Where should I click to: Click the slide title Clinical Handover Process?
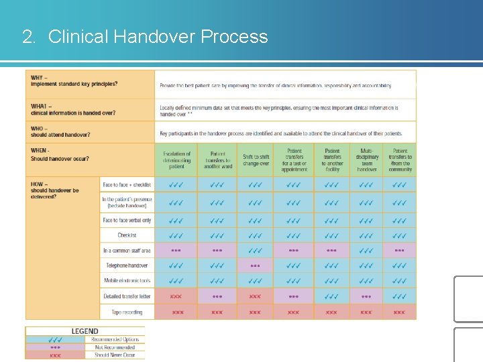(x=145, y=36)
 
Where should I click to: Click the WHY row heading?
(x=74, y=81)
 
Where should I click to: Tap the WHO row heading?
(x=60, y=131)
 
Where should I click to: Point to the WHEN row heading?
(x=60, y=155)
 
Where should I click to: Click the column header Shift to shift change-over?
(x=256, y=160)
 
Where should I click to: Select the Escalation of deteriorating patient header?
(x=176, y=160)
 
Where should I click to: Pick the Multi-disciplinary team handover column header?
(x=366, y=160)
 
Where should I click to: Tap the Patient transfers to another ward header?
(x=217, y=160)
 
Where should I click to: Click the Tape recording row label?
(x=127, y=312)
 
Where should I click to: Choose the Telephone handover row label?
(x=127, y=266)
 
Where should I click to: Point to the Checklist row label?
(x=127, y=235)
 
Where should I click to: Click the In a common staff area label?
(x=127, y=251)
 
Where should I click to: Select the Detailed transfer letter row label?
(x=127, y=296)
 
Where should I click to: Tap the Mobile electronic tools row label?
(x=127, y=281)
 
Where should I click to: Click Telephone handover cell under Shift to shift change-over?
(x=256, y=265)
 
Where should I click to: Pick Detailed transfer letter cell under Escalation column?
(x=176, y=296)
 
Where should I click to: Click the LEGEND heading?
(x=85, y=331)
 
